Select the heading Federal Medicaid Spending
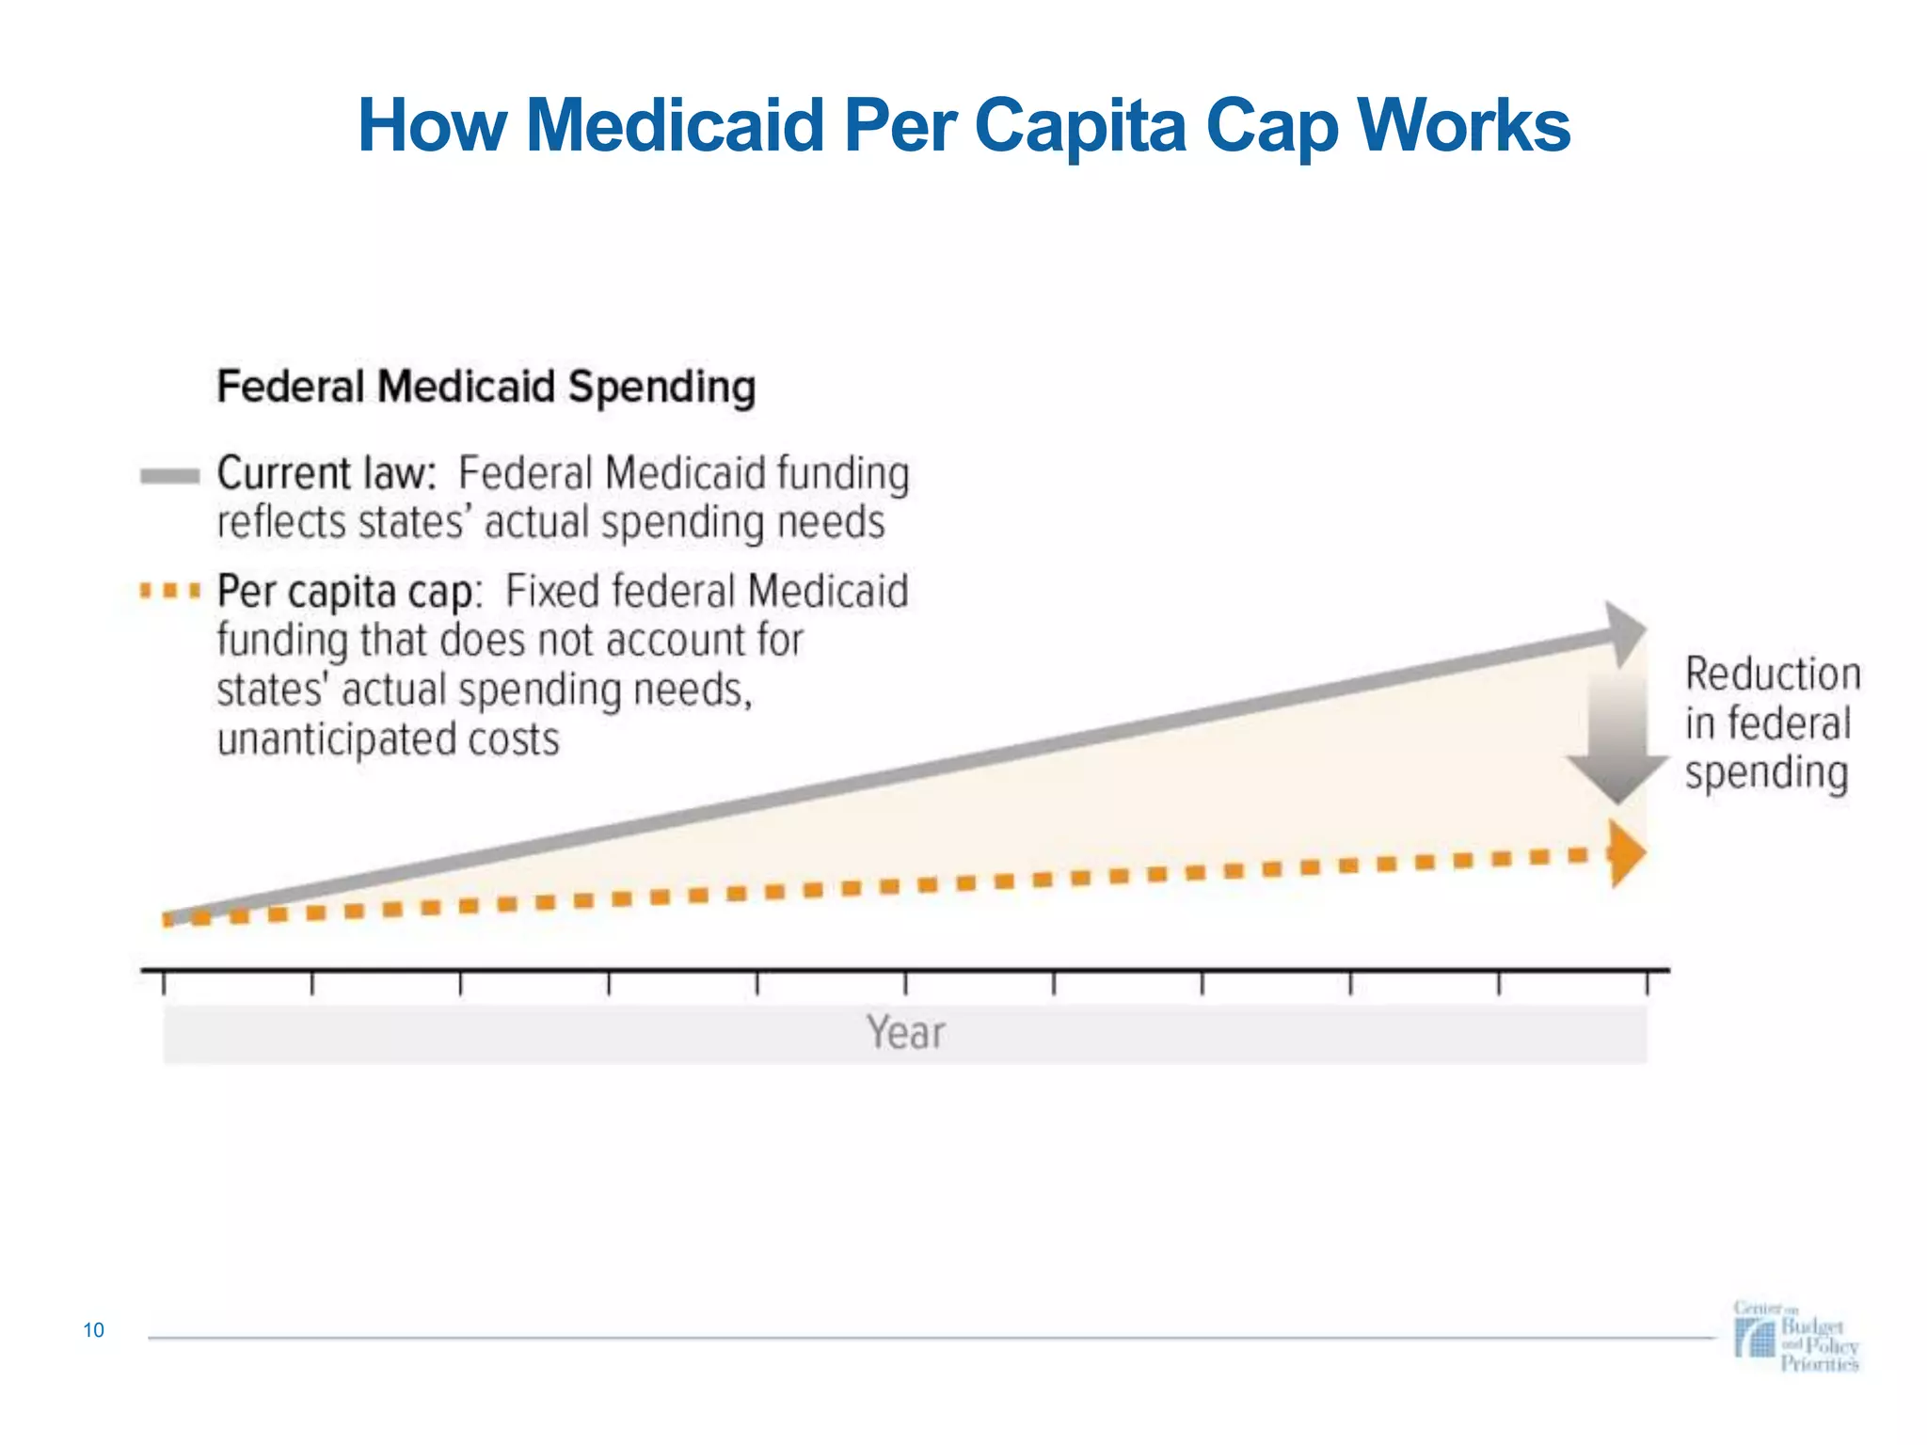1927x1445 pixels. point(486,387)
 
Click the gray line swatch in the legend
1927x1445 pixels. point(169,476)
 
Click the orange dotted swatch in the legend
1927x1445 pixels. point(169,592)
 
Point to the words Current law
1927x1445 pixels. point(326,473)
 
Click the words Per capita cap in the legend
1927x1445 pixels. point(348,593)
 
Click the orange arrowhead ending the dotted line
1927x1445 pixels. point(1626,853)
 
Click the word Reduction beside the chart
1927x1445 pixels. point(1773,675)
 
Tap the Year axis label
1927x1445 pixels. point(905,1033)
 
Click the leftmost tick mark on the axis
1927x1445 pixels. point(165,983)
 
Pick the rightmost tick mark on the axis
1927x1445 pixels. point(1648,983)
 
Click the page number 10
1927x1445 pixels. point(93,1330)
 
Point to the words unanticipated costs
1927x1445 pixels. point(388,739)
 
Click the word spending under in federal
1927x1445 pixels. point(1766,773)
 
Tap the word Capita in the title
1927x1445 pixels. point(1081,125)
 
